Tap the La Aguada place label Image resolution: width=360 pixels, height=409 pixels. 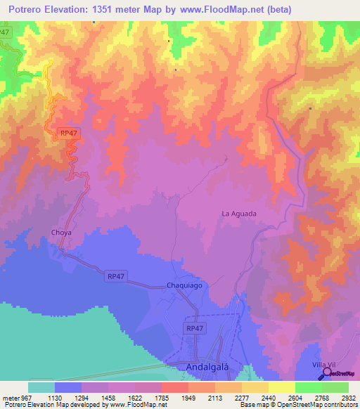(239, 214)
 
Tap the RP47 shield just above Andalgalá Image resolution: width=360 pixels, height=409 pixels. (195, 328)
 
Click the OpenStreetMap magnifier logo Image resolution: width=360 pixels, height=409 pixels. (325, 373)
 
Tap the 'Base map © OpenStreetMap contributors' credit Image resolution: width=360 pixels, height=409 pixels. (298, 405)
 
